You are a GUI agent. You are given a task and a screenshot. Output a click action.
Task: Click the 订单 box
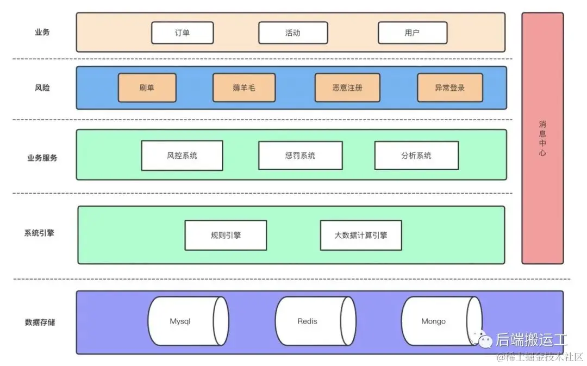click(182, 33)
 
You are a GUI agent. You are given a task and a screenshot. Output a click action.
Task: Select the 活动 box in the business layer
click(293, 33)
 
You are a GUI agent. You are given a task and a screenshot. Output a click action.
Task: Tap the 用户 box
click(413, 33)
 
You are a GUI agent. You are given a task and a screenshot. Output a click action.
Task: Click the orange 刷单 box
click(147, 88)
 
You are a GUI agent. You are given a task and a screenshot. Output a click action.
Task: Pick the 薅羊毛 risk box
click(243, 88)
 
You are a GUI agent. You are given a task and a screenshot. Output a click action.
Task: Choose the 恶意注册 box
click(347, 88)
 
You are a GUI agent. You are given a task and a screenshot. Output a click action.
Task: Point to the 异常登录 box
click(449, 88)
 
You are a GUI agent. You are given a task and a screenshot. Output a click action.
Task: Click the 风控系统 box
click(182, 156)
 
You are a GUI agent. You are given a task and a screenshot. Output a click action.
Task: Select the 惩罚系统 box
click(300, 156)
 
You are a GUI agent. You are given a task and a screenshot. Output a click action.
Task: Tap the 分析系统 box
click(416, 156)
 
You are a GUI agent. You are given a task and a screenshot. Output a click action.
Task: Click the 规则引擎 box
click(226, 235)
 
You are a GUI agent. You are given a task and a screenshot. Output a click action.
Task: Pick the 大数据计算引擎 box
click(361, 235)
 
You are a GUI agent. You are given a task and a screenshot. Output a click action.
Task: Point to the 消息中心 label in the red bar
click(542, 138)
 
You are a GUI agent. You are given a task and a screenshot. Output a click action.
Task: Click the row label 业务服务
click(42, 158)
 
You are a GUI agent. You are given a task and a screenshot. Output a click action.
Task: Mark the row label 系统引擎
click(39, 233)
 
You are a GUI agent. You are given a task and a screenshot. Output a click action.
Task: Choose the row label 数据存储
click(40, 322)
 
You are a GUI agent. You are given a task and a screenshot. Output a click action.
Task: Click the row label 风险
click(42, 87)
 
